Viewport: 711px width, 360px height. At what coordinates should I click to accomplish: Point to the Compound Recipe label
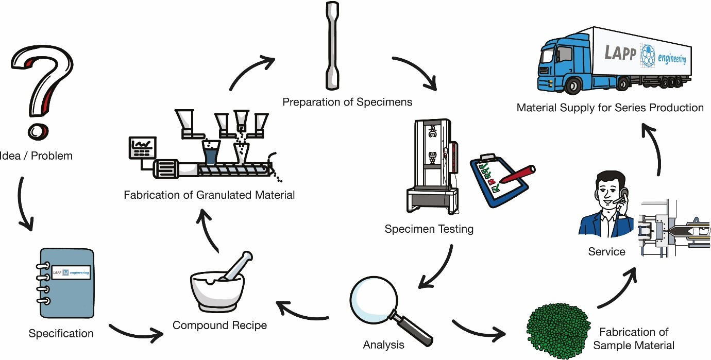click(x=219, y=325)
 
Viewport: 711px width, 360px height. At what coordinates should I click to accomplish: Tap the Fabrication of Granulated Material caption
click(x=209, y=195)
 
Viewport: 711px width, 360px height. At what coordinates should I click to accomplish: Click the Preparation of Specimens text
click(x=347, y=102)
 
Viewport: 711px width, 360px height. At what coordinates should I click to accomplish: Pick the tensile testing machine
click(x=432, y=165)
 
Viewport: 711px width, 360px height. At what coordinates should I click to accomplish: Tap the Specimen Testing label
click(x=429, y=228)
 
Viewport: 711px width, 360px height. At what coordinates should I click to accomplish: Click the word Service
click(x=606, y=252)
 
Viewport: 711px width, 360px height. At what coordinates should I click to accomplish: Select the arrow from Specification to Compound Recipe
click(x=137, y=333)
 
